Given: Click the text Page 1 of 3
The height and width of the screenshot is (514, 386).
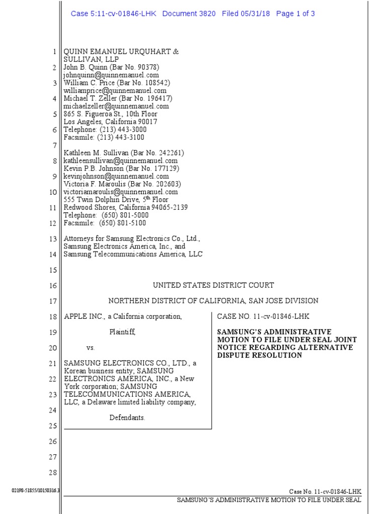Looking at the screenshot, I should tap(296, 14).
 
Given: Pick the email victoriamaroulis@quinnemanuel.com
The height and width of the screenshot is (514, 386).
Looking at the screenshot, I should tap(121, 192).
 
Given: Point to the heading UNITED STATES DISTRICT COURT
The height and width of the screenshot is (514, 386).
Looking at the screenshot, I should tap(213, 285).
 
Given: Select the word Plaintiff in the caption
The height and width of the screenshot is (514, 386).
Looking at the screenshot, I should tap(123, 332).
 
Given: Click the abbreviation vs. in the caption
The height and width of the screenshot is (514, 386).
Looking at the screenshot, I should tap(90, 347).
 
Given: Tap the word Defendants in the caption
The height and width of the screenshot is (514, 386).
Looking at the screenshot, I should tap(127, 418).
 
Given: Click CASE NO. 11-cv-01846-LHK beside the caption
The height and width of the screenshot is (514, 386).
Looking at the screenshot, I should tap(263, 316).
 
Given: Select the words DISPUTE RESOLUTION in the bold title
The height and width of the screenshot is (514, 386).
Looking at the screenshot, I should tap(259, 355).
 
